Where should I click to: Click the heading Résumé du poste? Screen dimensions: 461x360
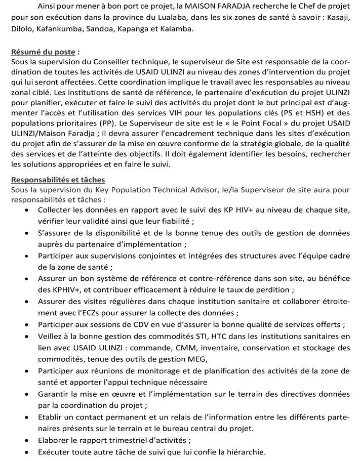coord(44,52)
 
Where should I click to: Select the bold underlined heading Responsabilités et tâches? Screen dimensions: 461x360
coord(58,179)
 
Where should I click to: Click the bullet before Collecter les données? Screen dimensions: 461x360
coord(27,210)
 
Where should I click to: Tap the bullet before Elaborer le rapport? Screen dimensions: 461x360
coord(27,440)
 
